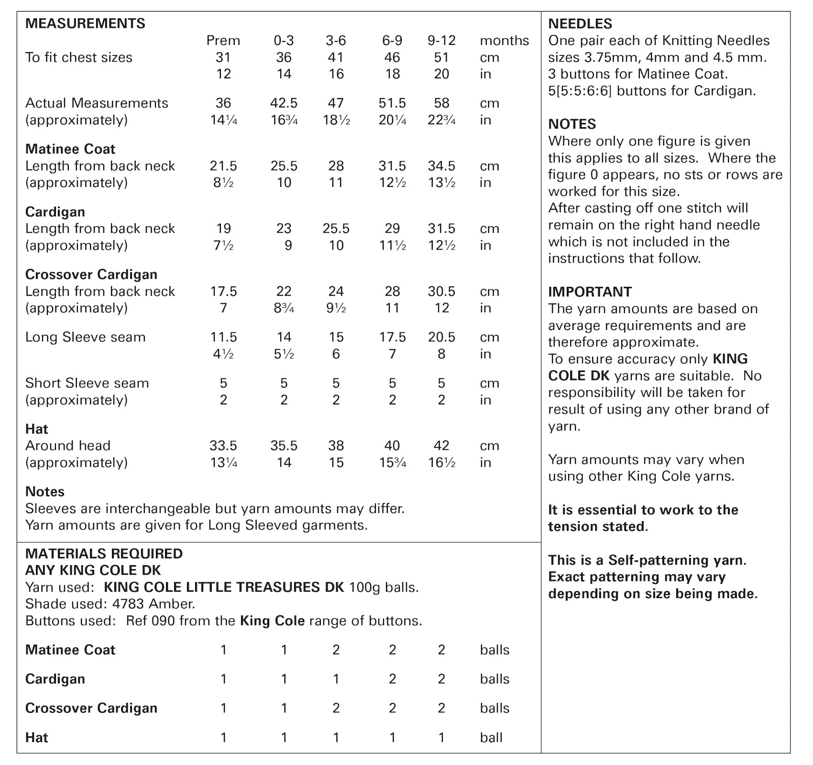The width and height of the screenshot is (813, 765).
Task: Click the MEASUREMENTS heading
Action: [x=85, y=23]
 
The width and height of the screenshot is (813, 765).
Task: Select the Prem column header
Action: [x=223, y=41]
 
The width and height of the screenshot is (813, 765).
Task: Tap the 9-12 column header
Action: [x=441, y=41]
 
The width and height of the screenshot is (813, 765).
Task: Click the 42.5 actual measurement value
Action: [x=284, y=103]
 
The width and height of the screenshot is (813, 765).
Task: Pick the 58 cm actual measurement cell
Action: [x=441, y=103]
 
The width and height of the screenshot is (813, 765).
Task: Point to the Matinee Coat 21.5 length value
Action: [x=223, y=166]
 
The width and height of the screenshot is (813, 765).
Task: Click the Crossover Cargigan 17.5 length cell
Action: [x=223, y=291]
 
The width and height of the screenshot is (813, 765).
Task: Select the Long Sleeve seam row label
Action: [x=85, y=337]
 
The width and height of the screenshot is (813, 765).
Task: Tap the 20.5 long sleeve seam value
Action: [x=441, y=337]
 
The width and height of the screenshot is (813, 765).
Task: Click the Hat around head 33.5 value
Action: [x=223, y=446]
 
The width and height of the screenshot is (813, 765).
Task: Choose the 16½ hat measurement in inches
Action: [x=441, y=462]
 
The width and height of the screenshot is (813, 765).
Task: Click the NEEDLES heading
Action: [x=580, y=23]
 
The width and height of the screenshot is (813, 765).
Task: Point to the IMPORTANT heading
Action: [x=590, y=292]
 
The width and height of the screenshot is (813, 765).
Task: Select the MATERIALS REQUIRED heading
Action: [x=104, y=554]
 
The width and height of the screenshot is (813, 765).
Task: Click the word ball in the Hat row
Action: [x=491, y=737]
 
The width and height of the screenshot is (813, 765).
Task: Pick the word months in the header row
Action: [x=504, y=41]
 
